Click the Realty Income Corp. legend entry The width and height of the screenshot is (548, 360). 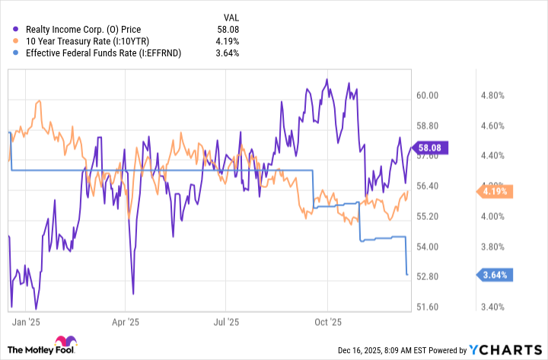click(x=82, y=30)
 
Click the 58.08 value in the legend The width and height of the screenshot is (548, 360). click(x=228, y=30)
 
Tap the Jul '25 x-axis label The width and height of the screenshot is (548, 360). click(x=228, y=322)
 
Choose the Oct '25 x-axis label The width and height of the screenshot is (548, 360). click(x=329, y=322)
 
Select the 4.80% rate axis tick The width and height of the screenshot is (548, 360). click(x=494, y=96)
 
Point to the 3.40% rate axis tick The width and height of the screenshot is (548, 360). click(x=494, y=307)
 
